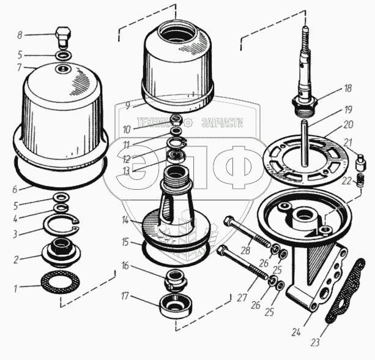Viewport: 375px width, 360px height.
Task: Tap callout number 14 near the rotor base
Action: [x=125, y=219]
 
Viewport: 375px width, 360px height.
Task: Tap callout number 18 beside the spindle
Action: [x=347, y=89]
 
